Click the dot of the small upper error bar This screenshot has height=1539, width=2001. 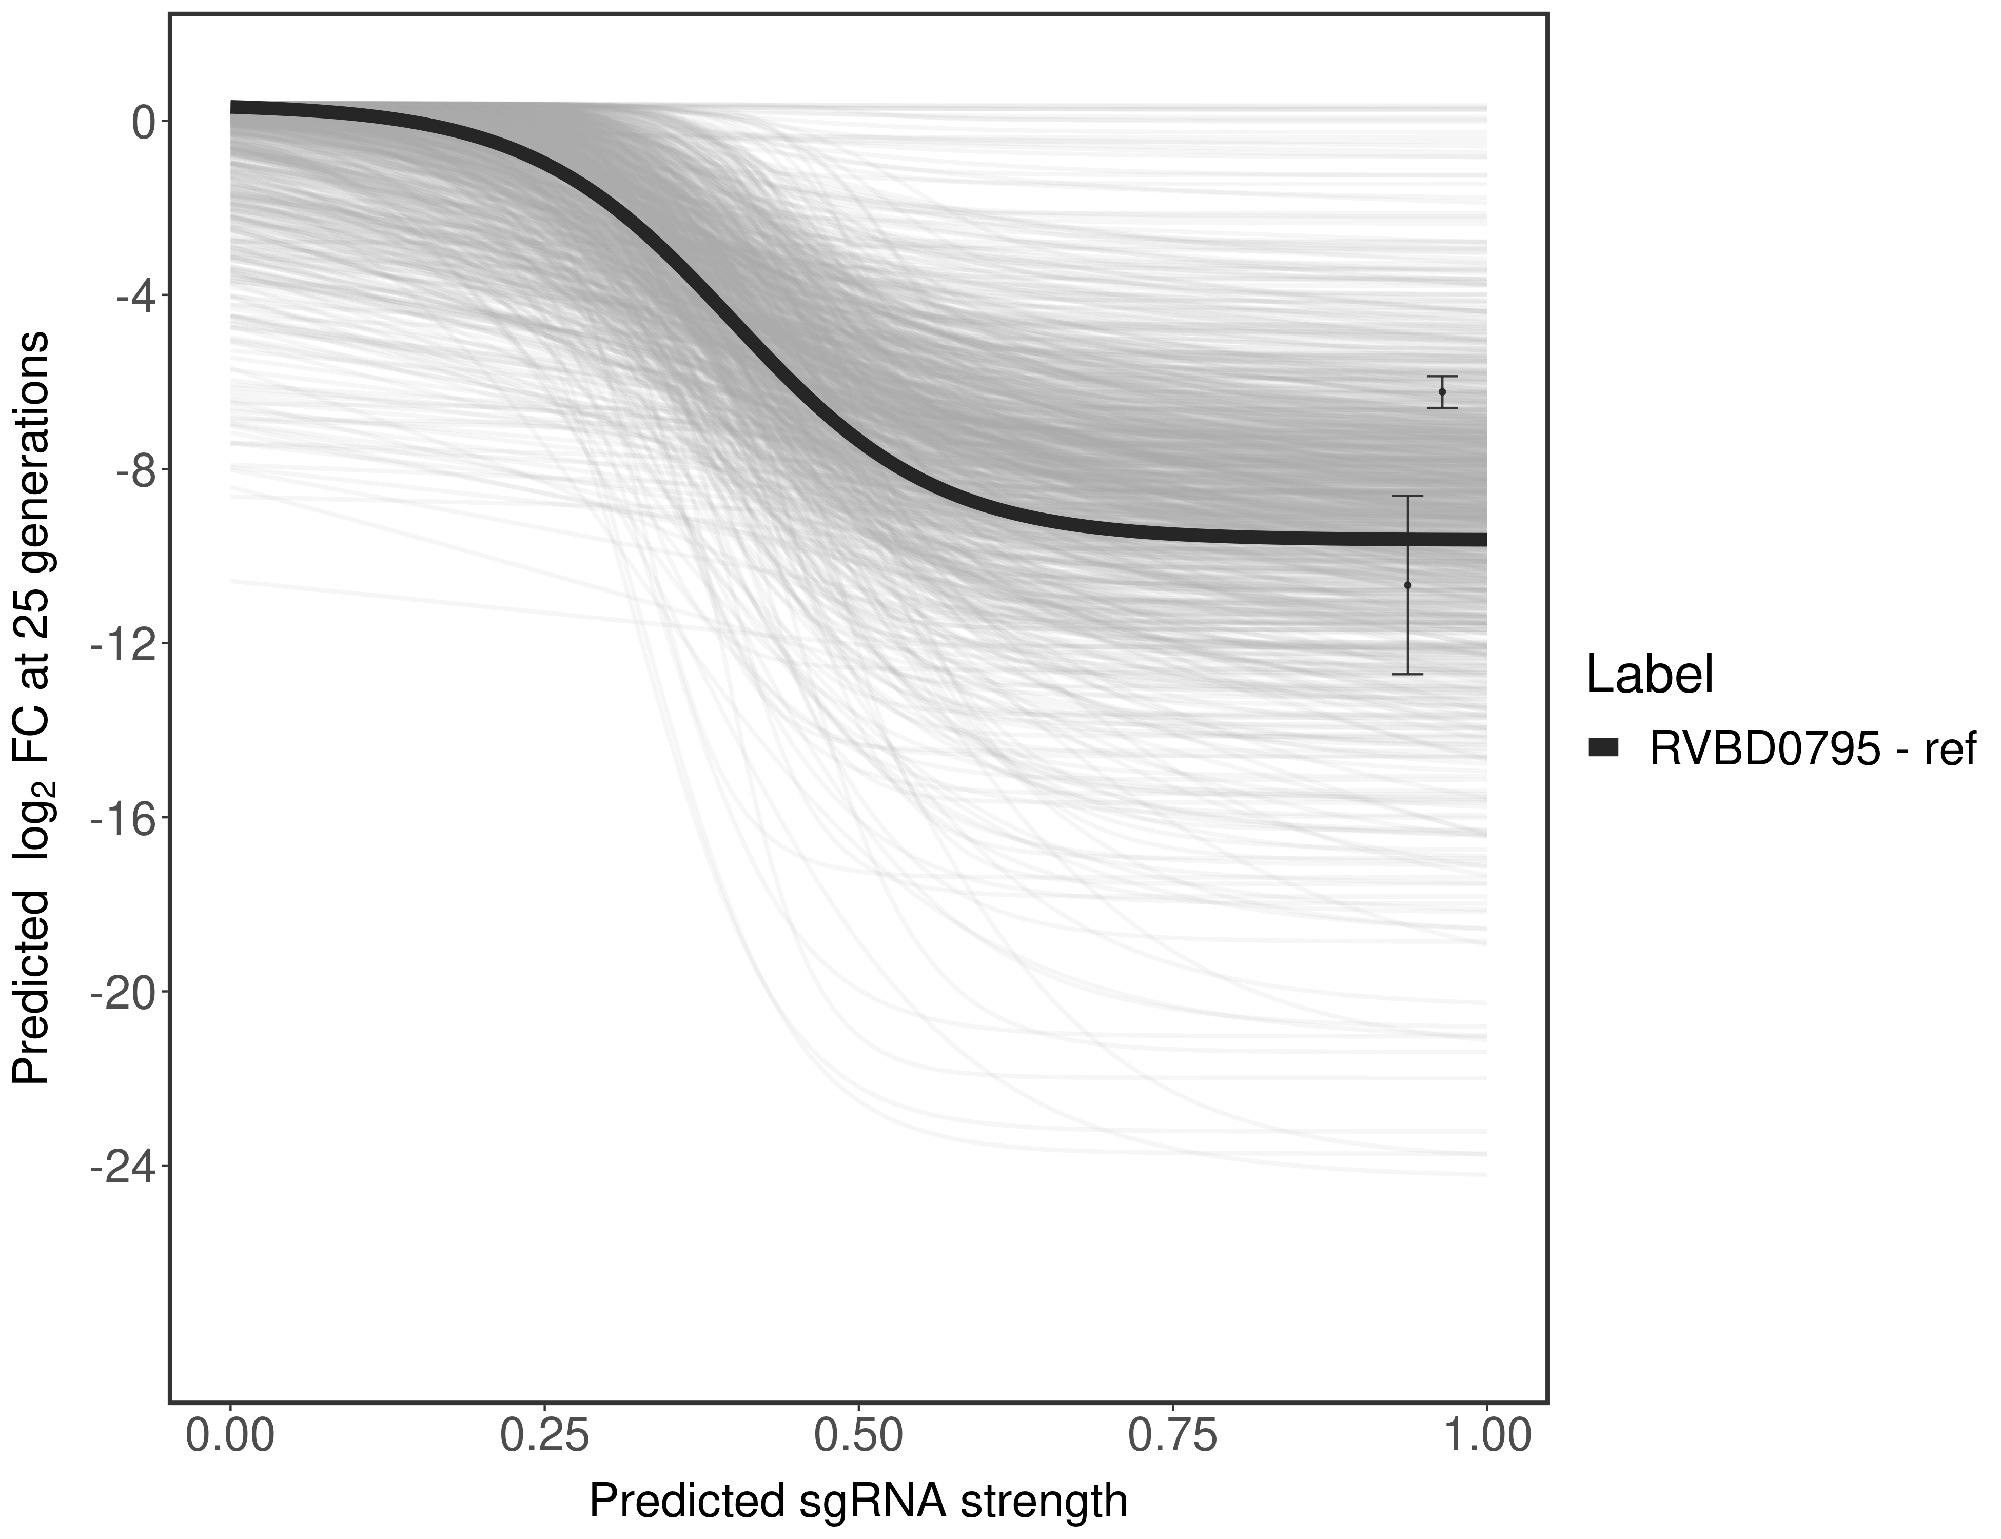tap(1442, 392)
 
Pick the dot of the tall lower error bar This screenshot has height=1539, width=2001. tap(1407, 585)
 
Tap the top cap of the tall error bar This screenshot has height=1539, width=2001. tap(1407, 496)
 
